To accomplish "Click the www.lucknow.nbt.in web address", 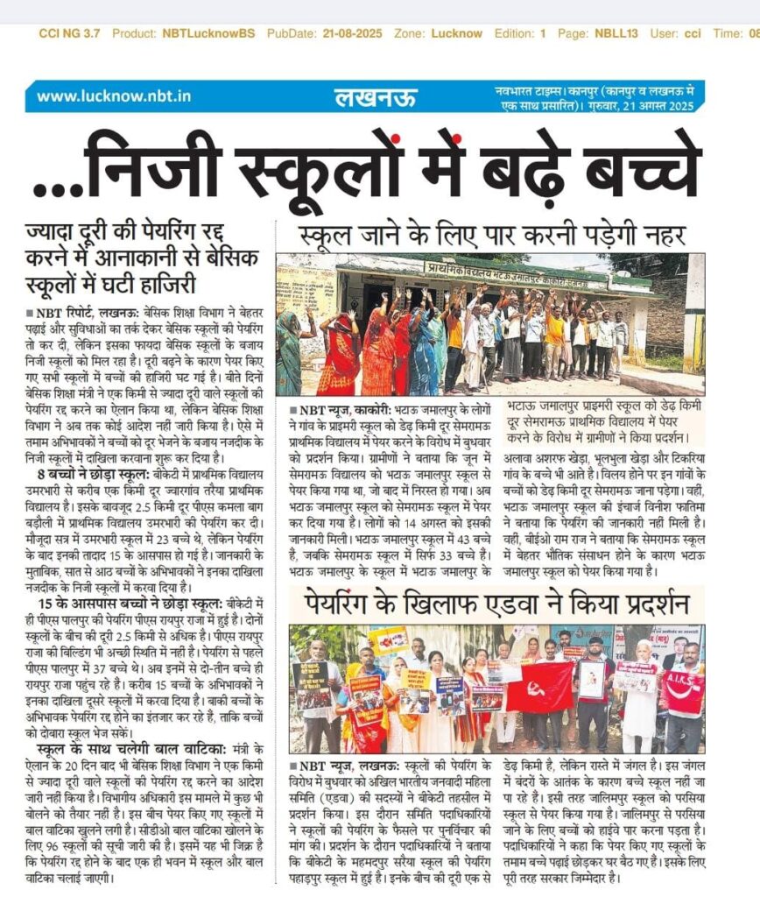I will (114, 96).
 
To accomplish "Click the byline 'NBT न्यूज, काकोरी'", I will (338, 409).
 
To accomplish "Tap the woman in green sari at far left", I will (290, 350).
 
